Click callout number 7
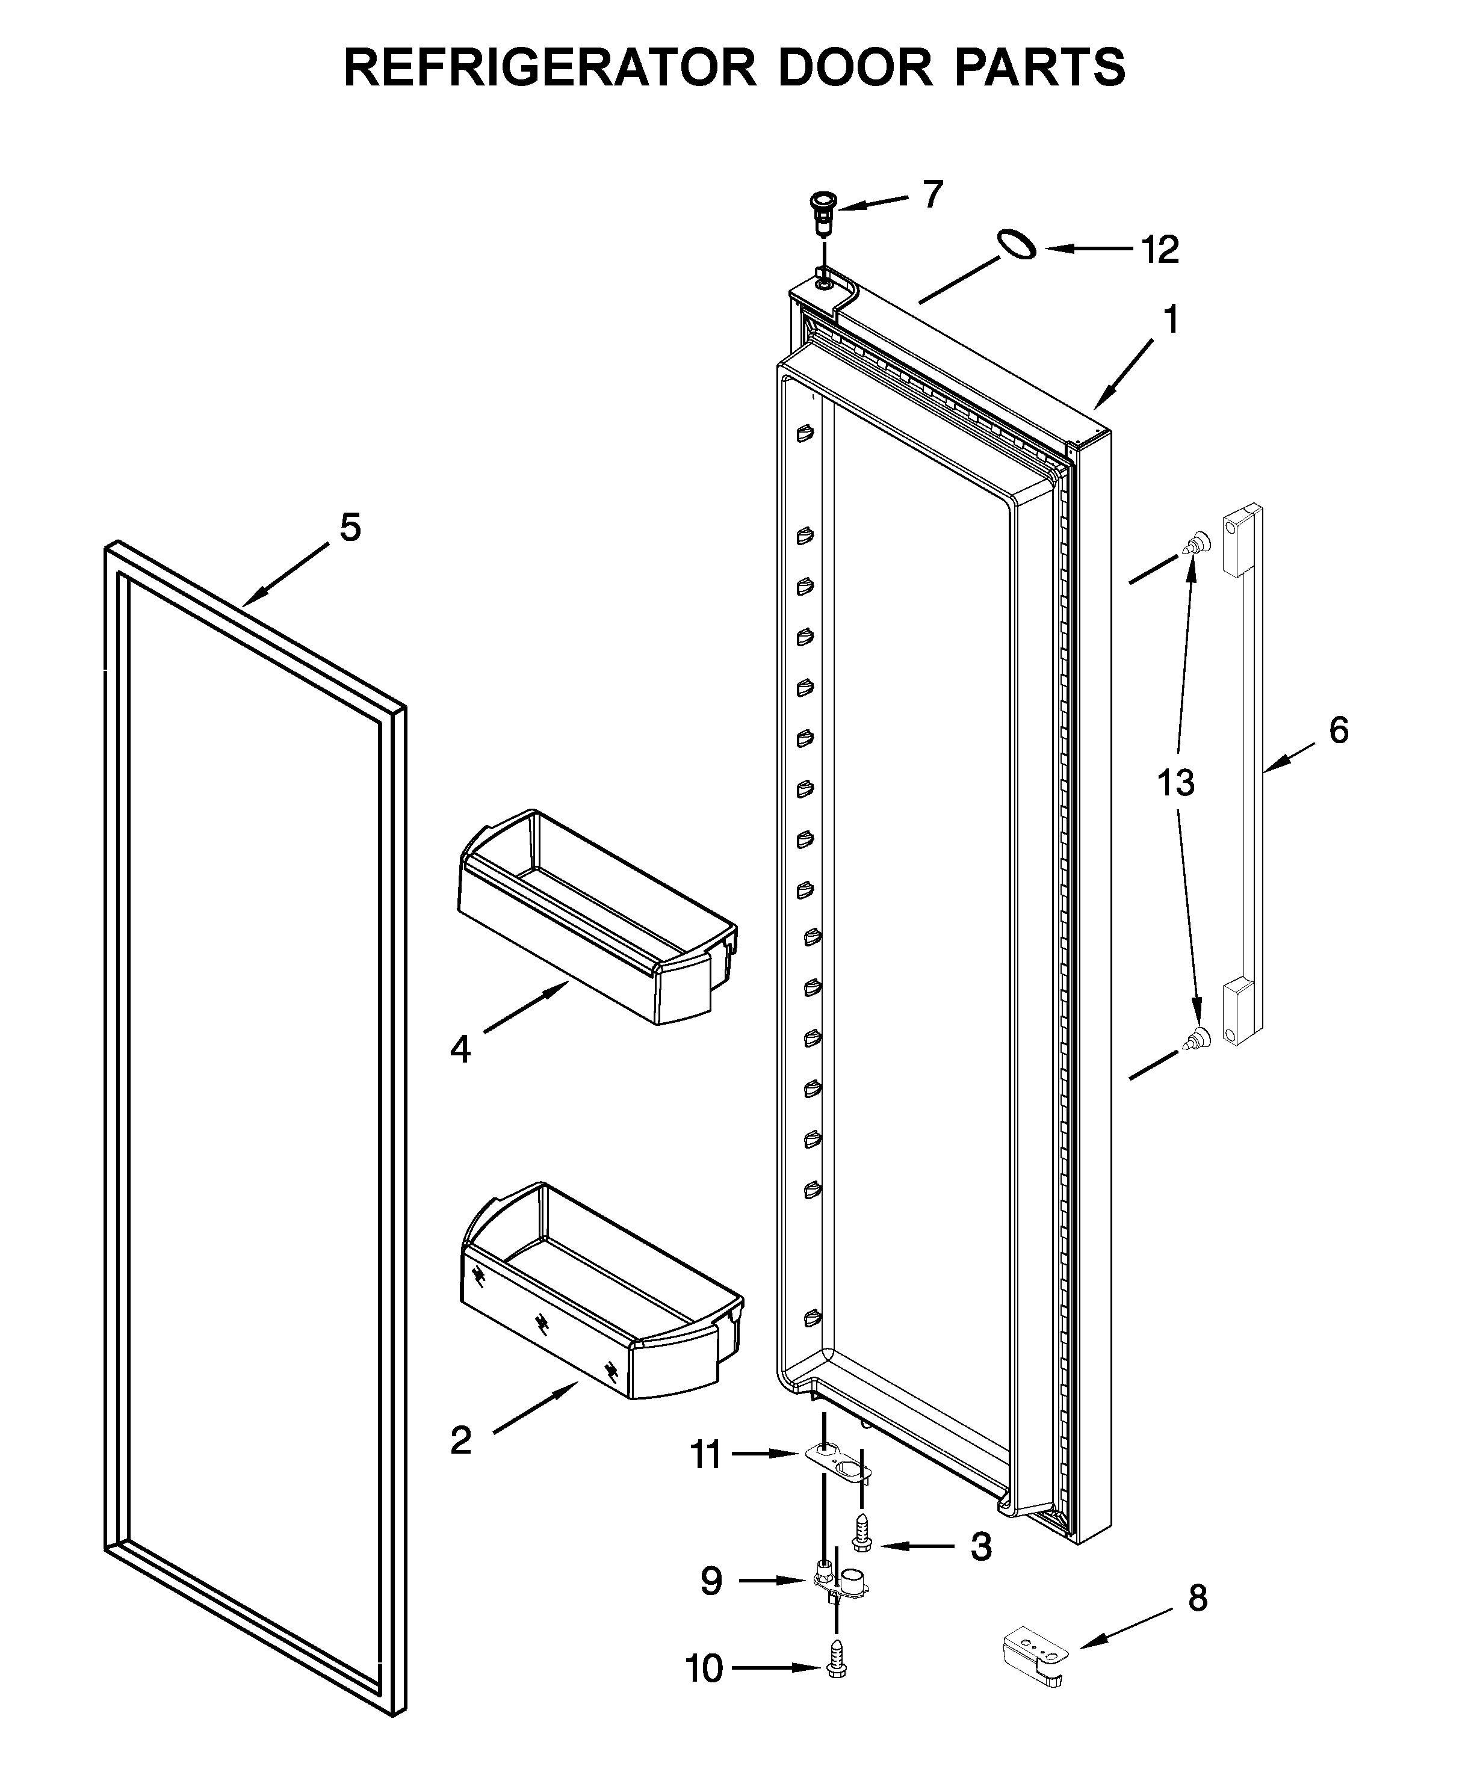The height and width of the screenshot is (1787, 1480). click(933, 195)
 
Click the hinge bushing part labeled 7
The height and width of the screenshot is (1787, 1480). click(823, 214)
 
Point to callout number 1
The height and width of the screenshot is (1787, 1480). click(1171, 321)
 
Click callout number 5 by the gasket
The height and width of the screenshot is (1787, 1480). click(350, 528)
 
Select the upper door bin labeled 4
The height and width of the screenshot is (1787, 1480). click(596, 918)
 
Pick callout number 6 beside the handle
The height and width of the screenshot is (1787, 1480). click(1338, 730)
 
